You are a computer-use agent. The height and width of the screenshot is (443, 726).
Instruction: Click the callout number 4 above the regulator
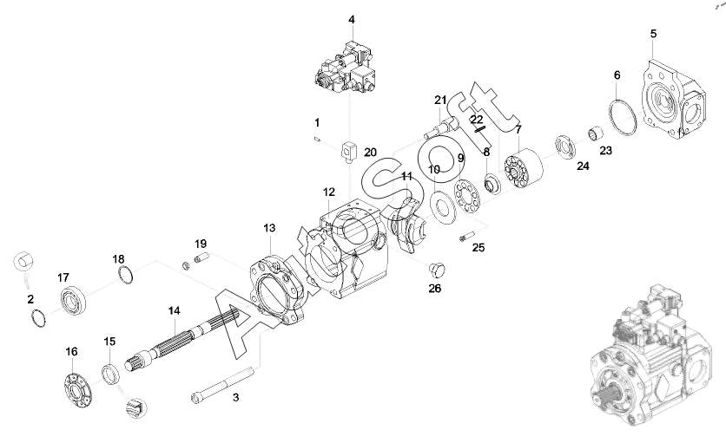(x=352, y=19)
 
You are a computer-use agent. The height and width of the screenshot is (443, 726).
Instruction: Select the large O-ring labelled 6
(x=623, y=117)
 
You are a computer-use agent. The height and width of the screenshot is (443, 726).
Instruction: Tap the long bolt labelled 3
(x=222, y=384)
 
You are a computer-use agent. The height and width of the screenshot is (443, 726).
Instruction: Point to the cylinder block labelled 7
(x=523, y=168)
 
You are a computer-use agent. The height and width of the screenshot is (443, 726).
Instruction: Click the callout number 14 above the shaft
(x=174, y=310)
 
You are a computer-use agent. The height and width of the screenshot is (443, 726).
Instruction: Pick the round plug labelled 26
(x=437, y=270)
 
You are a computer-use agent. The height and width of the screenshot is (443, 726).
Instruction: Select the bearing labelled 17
(x=72, y=300)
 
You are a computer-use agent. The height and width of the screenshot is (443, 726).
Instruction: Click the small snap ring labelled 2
(x=38, y=318)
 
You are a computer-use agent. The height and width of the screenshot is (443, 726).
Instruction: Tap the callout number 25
(x=478, y=247)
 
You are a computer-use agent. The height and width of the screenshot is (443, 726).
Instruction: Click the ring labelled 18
(x=125, y=275)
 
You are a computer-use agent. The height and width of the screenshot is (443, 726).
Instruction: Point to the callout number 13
(x=269, y=227)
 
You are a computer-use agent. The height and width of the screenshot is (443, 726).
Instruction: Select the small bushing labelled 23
(x=596, y=134)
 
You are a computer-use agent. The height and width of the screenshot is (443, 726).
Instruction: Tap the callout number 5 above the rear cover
(x=653, y=33)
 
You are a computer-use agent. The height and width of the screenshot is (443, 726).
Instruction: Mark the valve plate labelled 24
(x=565, y=147)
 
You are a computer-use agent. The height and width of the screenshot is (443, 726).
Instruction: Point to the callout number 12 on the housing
(x=329, y=192)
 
